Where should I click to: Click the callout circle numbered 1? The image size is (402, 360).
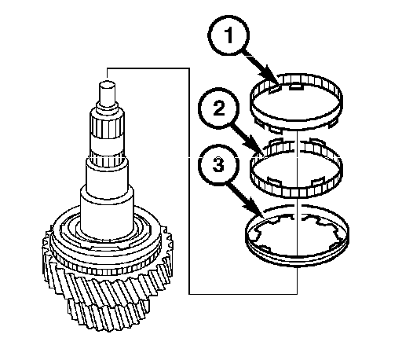(228, 35)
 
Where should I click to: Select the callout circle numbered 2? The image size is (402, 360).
(219, 108)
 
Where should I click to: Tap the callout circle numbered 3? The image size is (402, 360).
(218, 164)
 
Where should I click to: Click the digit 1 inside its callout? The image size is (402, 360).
(228, 35)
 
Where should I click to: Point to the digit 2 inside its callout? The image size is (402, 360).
(219, 108)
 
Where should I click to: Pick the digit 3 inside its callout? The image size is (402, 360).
(218, 165)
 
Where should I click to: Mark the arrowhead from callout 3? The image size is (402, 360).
(255, 208)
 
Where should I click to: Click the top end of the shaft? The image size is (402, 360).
(107, 84)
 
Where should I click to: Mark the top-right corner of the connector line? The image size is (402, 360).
(189, 68)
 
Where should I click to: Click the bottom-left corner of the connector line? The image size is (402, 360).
(189, 294)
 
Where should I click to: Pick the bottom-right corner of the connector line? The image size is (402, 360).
(297, 294)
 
